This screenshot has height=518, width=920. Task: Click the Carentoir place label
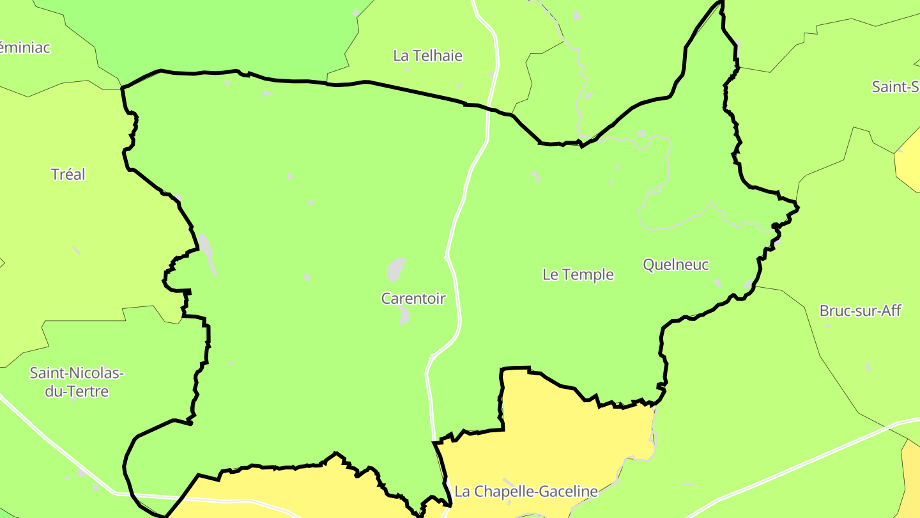[413, 298]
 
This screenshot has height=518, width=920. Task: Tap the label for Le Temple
[578, 274]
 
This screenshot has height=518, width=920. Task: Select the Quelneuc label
[676, 264]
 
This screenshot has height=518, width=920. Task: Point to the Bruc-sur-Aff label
[860, 311]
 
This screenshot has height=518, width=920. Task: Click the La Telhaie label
[427, 56]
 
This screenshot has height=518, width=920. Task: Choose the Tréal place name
[68, 174]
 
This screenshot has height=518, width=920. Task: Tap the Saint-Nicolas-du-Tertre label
[77, 382]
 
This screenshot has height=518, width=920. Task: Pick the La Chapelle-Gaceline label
[526, 491]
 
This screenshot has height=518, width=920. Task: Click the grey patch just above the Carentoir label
[396, 269]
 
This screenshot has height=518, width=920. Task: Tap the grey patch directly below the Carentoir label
[404, 315]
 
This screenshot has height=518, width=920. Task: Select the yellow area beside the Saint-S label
[908, 157]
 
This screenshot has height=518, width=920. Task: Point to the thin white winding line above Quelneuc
[664, 179]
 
